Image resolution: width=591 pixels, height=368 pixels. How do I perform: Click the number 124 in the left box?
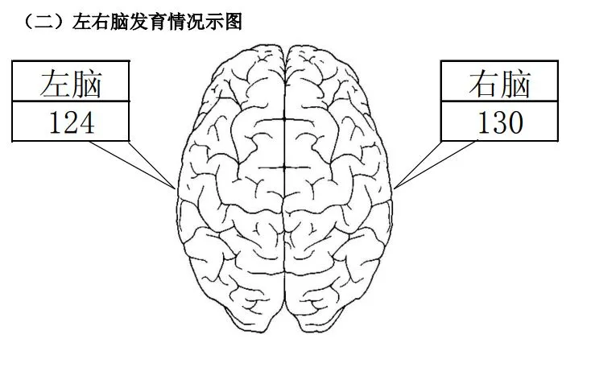coord(72,122)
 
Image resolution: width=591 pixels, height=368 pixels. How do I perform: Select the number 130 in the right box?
coord(501,122)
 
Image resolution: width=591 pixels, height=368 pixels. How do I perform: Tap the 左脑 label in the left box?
coord(71,83)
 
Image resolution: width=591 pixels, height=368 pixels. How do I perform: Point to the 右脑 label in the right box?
coord(500,83)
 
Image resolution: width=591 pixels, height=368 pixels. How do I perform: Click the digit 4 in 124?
coord(87,122)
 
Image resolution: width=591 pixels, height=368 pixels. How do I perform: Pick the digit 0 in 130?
coord(516,122)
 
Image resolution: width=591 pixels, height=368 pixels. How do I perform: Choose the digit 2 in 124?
coord(72,122)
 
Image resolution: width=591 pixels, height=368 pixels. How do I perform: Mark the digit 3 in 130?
coord(501,122)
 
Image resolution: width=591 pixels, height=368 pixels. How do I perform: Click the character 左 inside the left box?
coord(55,83)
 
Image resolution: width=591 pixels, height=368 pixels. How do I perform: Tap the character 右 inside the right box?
coord(484,83)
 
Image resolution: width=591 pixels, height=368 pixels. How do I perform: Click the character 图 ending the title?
coord(234,22)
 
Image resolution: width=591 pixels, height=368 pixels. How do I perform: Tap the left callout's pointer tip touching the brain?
coord(176,188)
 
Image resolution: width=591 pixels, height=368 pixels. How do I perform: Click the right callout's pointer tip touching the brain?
coord(394,188)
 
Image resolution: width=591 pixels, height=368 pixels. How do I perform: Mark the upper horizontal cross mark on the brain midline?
coord(283,119)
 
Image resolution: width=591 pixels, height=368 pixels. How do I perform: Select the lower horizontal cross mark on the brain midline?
coord(283,167)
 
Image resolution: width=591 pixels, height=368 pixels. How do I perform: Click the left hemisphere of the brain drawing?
coord(230,188)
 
